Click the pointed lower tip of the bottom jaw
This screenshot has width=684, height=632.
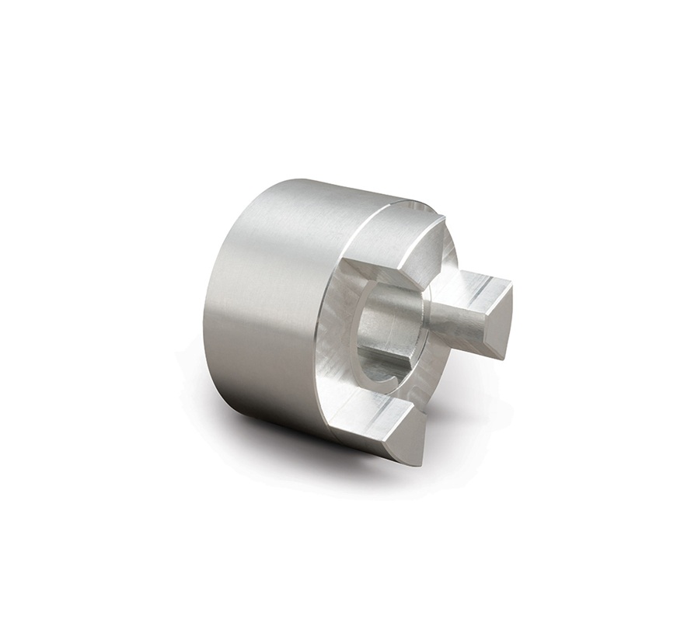pos(419,462)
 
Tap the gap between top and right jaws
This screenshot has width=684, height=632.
pos(447,260)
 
